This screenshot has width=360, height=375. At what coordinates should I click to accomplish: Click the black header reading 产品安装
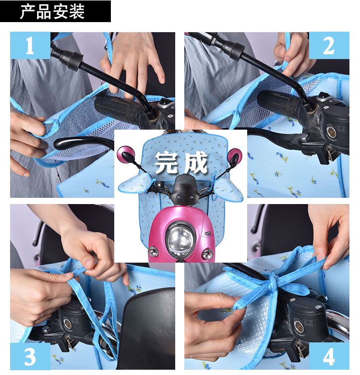(x=55, y=11)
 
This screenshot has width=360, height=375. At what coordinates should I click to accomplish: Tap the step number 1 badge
(x=30, y=46)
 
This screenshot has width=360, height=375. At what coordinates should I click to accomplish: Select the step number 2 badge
(x=329, y=46)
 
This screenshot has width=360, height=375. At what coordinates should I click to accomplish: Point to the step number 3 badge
(x=30, y=356)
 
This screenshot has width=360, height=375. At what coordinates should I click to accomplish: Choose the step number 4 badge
(x=329, y=356)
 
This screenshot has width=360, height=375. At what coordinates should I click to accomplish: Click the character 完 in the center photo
(x=166, y=162)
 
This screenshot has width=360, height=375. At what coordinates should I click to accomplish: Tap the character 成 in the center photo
(x=195, y=162)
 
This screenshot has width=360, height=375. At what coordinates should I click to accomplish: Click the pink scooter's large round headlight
(x=180, y=240)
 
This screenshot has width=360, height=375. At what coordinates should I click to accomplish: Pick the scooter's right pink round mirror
(x=234, y=157)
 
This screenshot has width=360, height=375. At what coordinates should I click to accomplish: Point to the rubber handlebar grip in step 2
(x=280, y=102)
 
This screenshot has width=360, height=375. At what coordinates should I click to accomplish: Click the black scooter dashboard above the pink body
(x=183, y=189)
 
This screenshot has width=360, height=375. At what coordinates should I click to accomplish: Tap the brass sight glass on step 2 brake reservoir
(x=331, y=132)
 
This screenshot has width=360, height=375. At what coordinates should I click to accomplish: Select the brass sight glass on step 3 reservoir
(x=67, y=323)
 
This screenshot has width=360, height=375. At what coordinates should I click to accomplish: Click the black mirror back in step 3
(x=146, y=330)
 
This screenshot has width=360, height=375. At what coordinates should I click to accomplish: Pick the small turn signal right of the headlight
(x=207, y=254)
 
